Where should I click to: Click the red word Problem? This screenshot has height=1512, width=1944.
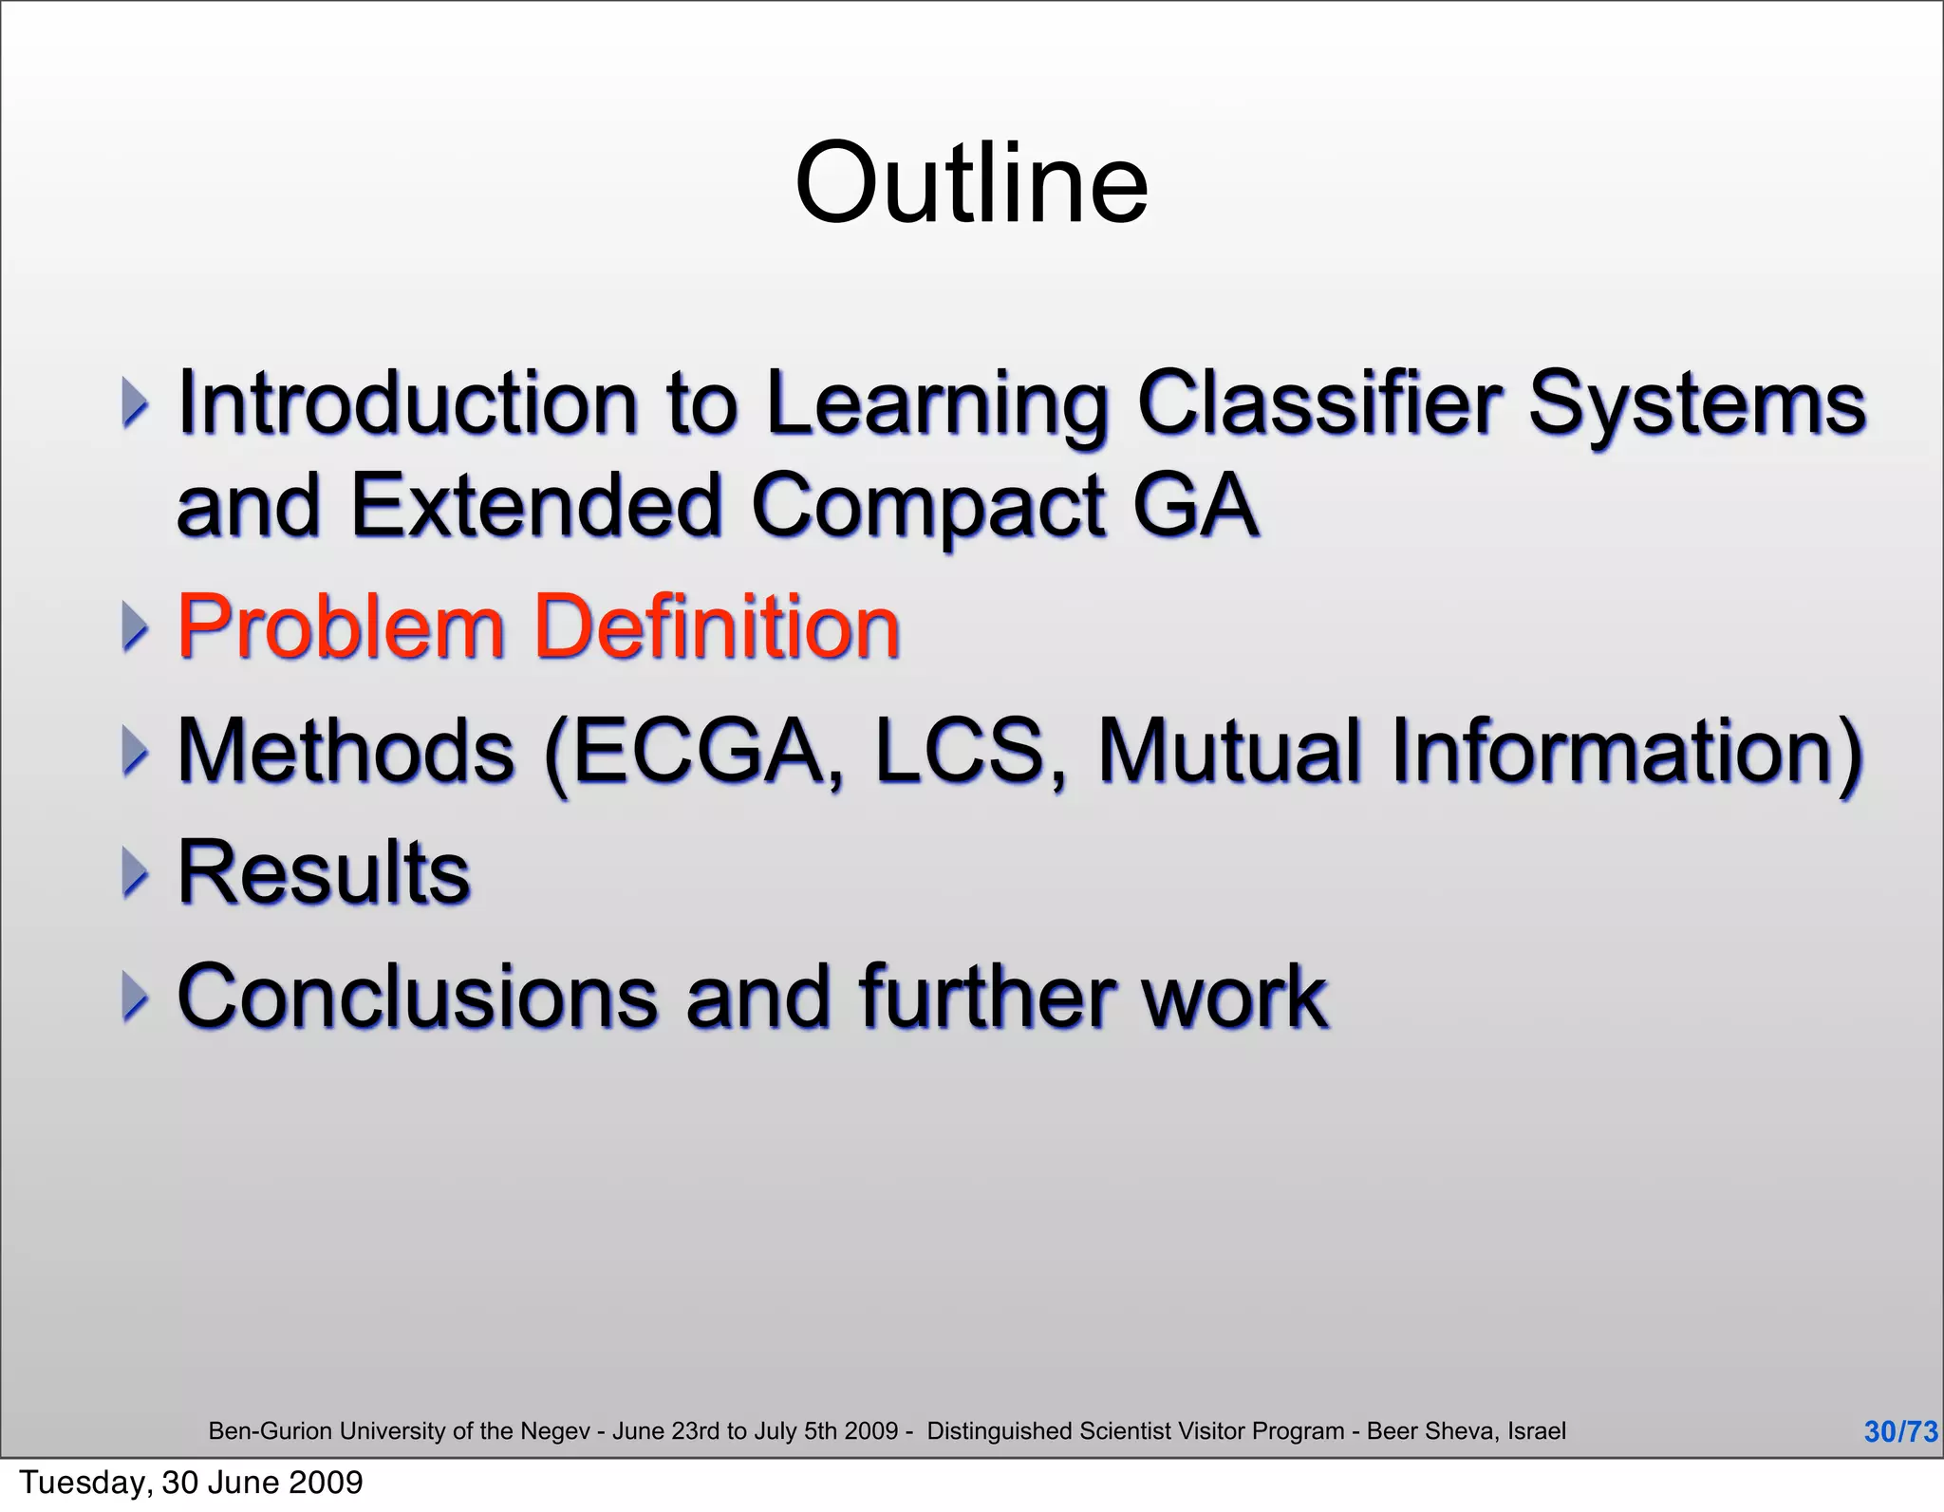click(341, 627)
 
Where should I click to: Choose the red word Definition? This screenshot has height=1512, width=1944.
click(718, 627)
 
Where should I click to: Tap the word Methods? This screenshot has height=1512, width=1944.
click(346, 751)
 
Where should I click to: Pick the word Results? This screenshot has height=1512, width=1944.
click(324, 872)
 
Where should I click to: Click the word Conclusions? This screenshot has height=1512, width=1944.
click(417, 996)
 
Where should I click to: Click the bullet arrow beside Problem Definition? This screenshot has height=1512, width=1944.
click(136, 629)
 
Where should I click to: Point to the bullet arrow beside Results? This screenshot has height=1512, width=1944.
click(136, 874)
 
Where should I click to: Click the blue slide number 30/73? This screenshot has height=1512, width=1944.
click(1900, 1431)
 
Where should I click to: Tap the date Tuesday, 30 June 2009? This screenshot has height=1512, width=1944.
click(191, 1483)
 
